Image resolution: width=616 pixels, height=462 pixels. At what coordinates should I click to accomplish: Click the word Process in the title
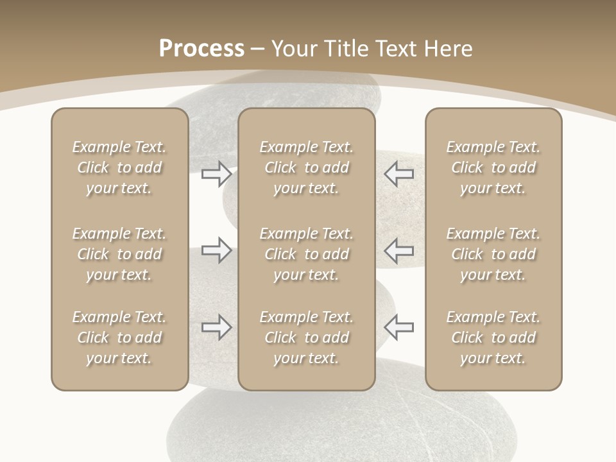201,49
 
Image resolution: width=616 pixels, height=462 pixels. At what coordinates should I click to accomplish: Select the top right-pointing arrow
216,173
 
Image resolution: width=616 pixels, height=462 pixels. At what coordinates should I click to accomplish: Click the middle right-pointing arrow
216,250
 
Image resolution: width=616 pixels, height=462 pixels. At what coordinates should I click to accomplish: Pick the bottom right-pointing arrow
216,327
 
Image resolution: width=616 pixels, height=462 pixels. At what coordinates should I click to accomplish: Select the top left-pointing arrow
398,173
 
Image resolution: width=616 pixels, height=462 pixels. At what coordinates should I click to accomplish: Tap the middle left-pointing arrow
398,250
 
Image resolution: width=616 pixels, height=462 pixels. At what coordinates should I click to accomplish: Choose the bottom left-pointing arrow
398,327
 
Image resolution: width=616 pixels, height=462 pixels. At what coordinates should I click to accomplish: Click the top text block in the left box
119,167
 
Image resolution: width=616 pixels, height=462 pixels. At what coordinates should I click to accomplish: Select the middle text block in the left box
119,254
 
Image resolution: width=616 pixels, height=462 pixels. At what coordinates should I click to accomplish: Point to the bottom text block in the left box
119,338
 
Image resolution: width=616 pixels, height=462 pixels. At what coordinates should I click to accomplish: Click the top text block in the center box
306,167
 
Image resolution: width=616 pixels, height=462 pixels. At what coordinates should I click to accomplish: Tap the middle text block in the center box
306,254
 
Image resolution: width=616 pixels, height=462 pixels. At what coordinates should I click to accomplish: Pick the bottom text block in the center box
306,338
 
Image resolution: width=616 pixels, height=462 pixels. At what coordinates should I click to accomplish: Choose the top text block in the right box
493,167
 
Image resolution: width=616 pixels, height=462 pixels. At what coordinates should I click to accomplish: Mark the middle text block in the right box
493,254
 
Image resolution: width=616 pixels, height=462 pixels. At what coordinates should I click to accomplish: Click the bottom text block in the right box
493,338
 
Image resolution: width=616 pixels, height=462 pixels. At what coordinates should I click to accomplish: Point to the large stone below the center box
340,427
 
